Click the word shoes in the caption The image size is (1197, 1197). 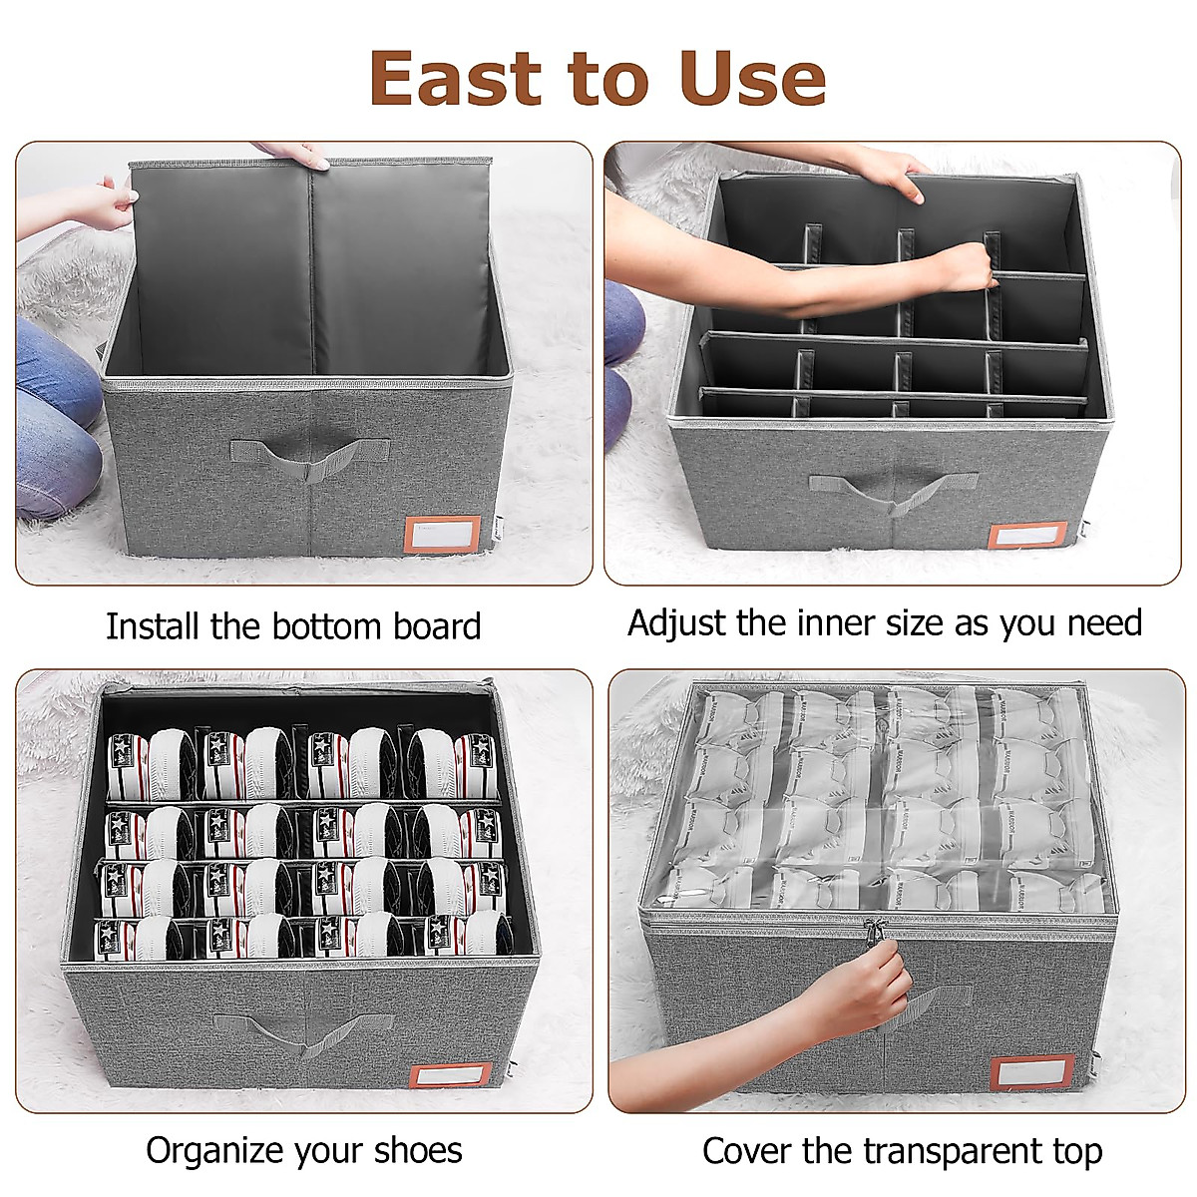pyautogui.click(x=418, y=1150)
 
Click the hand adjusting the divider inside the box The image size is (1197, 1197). pyautogui.click(x=963, y=265)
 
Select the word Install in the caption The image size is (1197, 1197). pyautogui.click(x=153, y=626)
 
